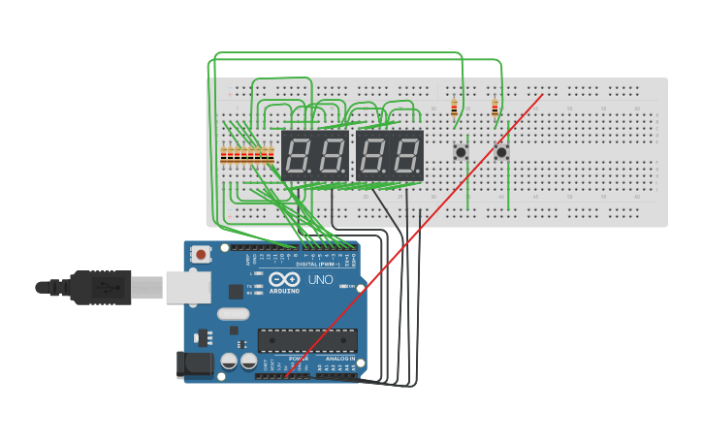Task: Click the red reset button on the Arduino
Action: coord(201,255)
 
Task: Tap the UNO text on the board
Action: coord(320,280)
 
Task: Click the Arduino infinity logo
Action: coord(286,280)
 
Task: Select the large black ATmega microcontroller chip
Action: coord(306,340)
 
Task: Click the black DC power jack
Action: coord(194,364)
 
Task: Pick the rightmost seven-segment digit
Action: coord(407,155)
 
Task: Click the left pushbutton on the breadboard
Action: coord(461,152)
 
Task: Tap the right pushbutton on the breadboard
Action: coord(501,152)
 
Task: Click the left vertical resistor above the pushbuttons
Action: coord(454,108)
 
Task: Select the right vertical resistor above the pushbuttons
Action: coord(495,108)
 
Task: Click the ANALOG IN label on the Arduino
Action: coord(338,359)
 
